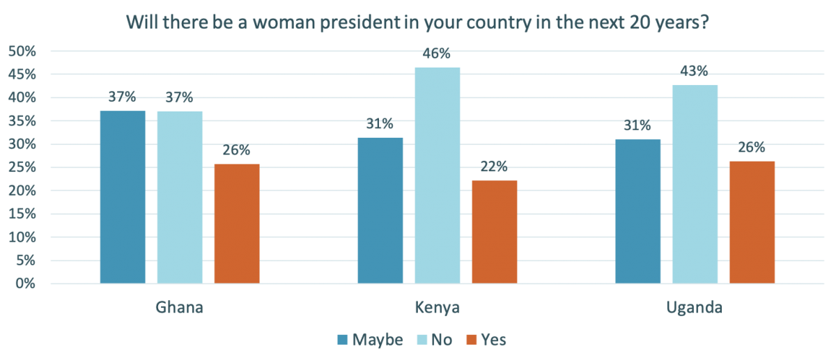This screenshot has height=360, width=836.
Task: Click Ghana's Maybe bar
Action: (123, 197)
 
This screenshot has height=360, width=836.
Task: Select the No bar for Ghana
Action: (180, 197)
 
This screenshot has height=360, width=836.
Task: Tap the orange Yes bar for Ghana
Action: (237, 224)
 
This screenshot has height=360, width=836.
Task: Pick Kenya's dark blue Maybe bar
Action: (380, 210)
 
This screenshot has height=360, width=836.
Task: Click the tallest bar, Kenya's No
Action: (438, 175)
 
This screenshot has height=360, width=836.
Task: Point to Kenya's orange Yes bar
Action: (495, 232)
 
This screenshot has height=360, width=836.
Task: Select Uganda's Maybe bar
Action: (638, 212)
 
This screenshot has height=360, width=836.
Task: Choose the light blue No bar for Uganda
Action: (695, 185)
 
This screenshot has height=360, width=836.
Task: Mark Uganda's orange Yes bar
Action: (752, 222)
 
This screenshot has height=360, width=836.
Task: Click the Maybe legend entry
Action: (370, 340)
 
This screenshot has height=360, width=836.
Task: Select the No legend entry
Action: (433, 340)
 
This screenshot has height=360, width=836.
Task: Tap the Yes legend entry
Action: (486, 340)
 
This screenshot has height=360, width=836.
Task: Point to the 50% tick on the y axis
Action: (22, 51)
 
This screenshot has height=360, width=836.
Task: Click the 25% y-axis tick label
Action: (22, 167)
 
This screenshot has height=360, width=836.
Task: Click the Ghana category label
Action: (180, 308)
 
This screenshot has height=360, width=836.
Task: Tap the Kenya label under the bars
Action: (438, 308)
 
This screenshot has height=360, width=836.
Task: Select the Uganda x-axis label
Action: (695, 308)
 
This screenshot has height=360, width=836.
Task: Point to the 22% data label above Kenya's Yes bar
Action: (495, 166)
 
